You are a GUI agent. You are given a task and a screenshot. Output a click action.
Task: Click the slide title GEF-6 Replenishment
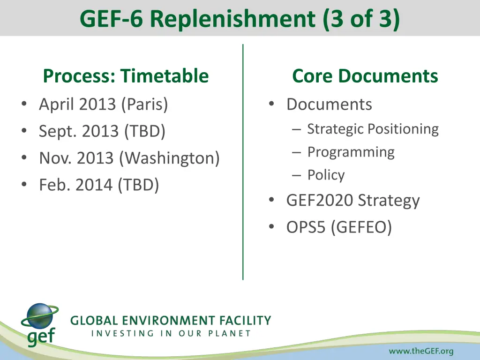[x=240, y=19]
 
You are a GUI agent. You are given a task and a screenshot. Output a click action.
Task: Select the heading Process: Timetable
[x=126, y=75]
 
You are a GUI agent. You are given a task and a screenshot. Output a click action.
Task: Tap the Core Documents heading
[x=365, y=75]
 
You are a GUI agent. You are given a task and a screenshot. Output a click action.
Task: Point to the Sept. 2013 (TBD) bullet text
[x=102, y=131]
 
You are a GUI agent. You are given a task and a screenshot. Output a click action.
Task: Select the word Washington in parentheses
[x=169, y=158]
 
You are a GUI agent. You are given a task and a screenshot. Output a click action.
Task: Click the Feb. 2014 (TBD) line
[x=99, y=185]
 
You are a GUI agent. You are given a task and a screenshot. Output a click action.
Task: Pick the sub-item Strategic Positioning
[x=373, y=129]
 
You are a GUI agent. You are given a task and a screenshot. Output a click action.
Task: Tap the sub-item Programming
[x=351, y=152]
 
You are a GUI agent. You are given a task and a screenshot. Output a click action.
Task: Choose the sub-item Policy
[x=326, y=175]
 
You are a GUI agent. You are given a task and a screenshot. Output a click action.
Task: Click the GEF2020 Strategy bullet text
[x=353, y=201]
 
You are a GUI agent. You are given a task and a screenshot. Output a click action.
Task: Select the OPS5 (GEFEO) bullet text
[x=339, y=227]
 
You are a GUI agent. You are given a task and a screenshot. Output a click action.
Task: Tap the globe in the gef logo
[x=38, y=316]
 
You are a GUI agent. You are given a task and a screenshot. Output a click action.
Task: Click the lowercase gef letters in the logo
[x=41, y=337]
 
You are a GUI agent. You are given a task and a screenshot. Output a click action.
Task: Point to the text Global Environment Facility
[x=171, y=321]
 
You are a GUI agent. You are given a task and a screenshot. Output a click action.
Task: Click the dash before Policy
[x=296, y=175]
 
